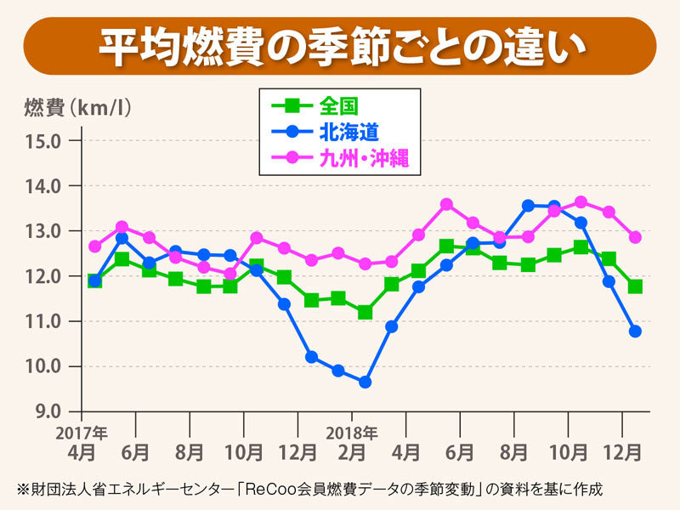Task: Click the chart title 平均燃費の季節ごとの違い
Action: [x=340, y=46]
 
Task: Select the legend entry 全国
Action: [x=338, y=106]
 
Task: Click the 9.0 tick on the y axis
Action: [x=44, y=411]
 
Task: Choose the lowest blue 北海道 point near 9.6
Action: [x=365, y=382]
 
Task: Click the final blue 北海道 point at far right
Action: [x=635, y=331]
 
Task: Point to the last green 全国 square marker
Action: [x=635, y=286]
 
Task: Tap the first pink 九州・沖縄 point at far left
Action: [x=94, y=246]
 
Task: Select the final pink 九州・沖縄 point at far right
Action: [x=635, y=237]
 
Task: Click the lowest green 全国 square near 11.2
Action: [x=365, y=312]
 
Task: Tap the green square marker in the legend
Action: [x=292, y=106]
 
